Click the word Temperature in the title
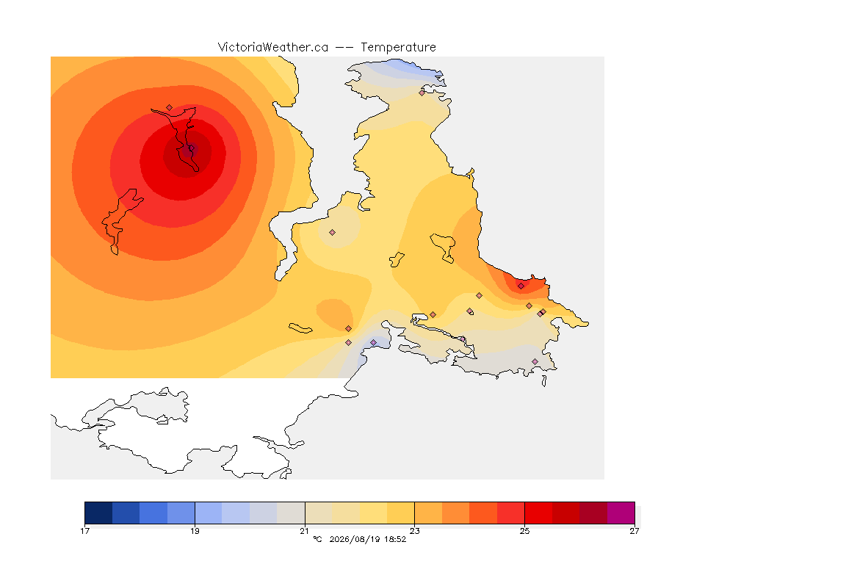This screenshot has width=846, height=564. [x=398, y=48]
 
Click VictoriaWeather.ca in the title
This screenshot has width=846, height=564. [x=273, y=48]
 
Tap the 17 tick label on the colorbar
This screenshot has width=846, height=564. [x=84, y=531]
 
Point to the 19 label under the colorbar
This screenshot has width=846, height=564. [x=195, y=531]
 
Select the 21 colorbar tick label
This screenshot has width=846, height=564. [x=305, y=531]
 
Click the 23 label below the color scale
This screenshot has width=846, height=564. [x=414, y=531]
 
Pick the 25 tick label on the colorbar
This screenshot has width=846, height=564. [x=524, y=531]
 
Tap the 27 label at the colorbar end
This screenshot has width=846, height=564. [x=634, y=531]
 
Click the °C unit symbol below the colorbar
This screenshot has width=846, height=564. [x=318, y=539]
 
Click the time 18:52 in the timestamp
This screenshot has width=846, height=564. [x=395, y=539]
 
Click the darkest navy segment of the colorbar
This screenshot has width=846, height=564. [x=98, y=513]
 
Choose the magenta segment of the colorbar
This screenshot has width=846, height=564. [x=621, y=513]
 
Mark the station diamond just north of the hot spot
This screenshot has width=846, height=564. [x=170, y=108]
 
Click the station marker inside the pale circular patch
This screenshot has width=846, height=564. [x=333, y=233]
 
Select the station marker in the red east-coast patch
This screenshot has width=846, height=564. [x=521, y=286]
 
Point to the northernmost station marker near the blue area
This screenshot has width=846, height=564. [x=422, y=93]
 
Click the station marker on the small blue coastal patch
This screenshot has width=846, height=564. [x=373, y=343]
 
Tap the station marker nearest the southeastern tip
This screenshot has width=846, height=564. [x=535, y=361]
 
